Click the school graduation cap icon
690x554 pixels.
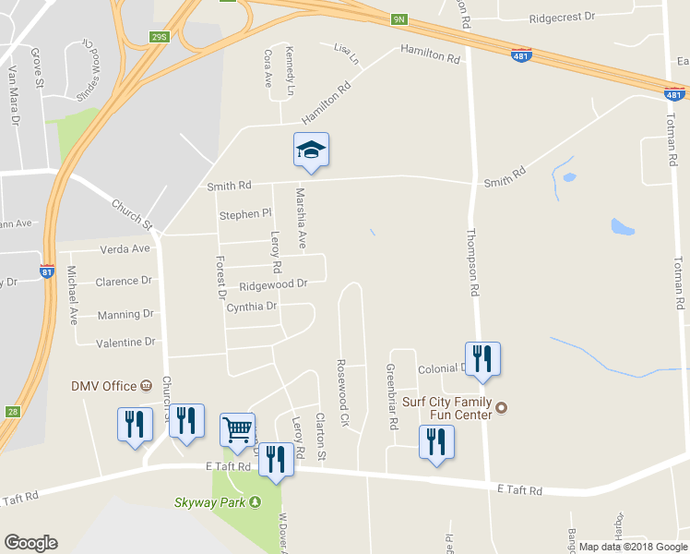(x=311, y=151)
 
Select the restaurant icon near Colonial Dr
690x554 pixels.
(x=482, y=358)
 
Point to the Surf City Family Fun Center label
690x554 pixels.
(x=450, y=408)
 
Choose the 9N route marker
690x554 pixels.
(x=399, y=18)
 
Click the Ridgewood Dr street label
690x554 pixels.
(x=272, y=285)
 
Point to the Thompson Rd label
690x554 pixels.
(x=474, y=262)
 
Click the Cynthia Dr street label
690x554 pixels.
(x=251, y=307)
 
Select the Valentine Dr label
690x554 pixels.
(x=125, y=343)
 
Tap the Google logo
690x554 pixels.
(x=30, y=543)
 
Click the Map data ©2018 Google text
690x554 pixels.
(x=634, y=547)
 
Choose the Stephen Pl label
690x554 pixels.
(x=244, y=215)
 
